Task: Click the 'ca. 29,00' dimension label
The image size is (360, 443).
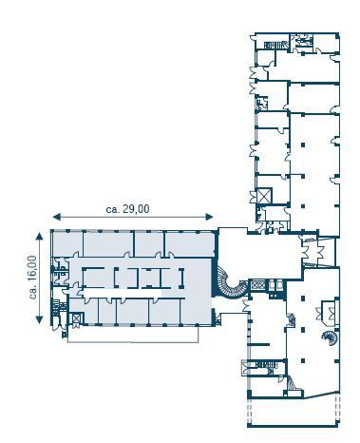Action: [x=127, y=209]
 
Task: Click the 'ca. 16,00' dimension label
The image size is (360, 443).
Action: [x=33, y=278]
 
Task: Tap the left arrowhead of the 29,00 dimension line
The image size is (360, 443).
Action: [x=57, y=217]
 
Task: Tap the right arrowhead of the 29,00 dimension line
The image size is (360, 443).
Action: [x=209, y=217]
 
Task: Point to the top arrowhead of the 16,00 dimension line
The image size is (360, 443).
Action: [x=39, y=236]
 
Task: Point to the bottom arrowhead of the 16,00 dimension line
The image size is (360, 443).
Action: [x=39, y=319]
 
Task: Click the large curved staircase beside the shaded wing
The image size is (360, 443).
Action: [x=230, y=283]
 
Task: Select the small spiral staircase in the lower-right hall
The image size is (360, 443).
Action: [x=330, y=337]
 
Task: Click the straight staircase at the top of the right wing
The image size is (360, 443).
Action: [x=275, y=45]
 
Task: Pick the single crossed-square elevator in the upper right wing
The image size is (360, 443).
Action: [x=264, y=196]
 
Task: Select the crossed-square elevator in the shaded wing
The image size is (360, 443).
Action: [x=77, y=318]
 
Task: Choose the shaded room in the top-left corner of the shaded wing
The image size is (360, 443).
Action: [x=67, y=243]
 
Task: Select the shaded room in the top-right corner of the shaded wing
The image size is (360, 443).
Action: [x=191, y=244]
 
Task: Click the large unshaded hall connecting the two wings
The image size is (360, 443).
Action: [x=259, y=254]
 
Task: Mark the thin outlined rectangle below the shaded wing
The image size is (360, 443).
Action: [x=133, y=335]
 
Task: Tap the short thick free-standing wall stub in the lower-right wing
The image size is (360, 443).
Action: [x=258, y=344]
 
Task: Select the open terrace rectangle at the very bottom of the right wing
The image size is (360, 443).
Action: [x=294, y=411]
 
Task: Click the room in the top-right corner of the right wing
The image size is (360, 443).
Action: [x=326, y=43]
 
